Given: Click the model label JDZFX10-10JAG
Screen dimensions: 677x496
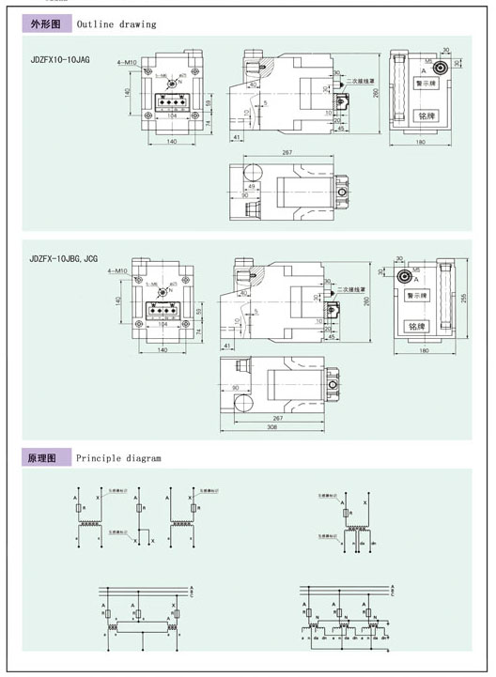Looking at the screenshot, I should pyautogui.click(x=60, y=58).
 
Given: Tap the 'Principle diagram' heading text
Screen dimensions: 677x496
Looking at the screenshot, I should pyautogui.click(x=119, y=458).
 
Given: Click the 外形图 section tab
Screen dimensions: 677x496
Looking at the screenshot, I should pyautogui.click(x=45, y=24).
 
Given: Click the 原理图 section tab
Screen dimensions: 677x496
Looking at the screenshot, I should pyautogui.click(x=45, y=458).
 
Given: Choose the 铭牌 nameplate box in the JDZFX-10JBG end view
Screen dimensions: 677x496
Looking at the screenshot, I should pyautogui.click(x=413, y=326).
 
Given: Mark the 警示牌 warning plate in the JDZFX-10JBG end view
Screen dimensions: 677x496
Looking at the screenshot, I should pyautogui.click(x=413, y=294).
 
